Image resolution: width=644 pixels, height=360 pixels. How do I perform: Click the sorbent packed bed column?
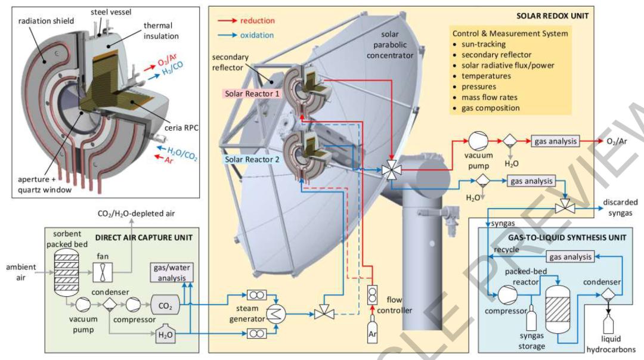tap(63, 270)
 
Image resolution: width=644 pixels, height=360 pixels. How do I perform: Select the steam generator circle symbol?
tap(274, 315)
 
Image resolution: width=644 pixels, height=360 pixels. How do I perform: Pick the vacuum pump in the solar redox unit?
tap(478, 141)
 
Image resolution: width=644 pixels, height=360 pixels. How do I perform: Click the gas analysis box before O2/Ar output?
tap(555, 141)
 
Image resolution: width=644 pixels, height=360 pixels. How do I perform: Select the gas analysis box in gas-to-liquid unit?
tap(571, 257)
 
